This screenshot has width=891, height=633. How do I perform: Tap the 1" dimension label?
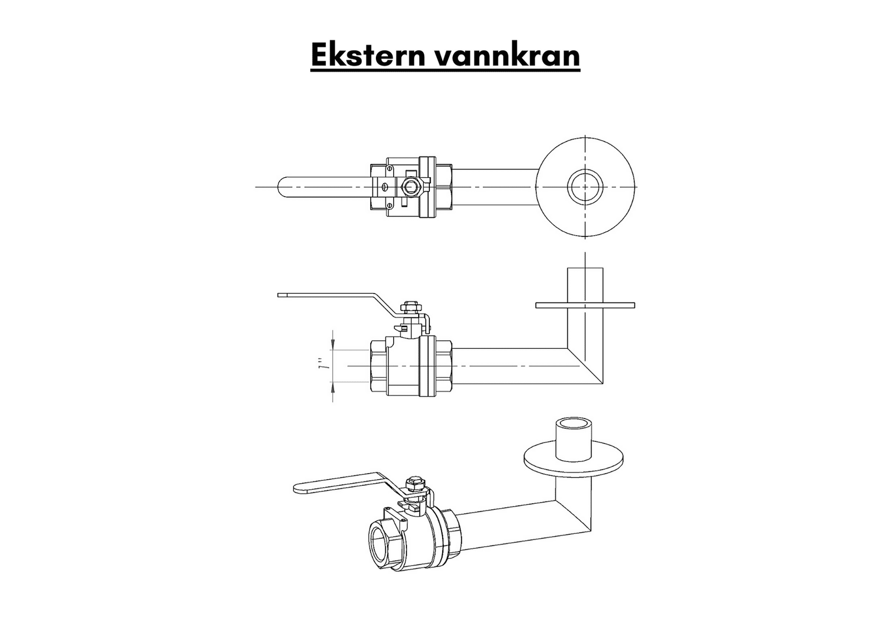(x=321, y=366)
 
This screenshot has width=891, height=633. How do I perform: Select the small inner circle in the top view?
(x=585, y=187)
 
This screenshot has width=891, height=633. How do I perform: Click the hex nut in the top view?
(x=410, y=187)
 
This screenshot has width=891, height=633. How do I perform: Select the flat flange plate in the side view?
(x=585, y=305)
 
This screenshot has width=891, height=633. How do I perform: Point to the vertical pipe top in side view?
(x=585, y=270)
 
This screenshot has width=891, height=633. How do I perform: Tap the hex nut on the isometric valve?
(x=415, y=483)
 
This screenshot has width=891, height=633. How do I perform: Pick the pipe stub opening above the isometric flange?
(x=574, y=423)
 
